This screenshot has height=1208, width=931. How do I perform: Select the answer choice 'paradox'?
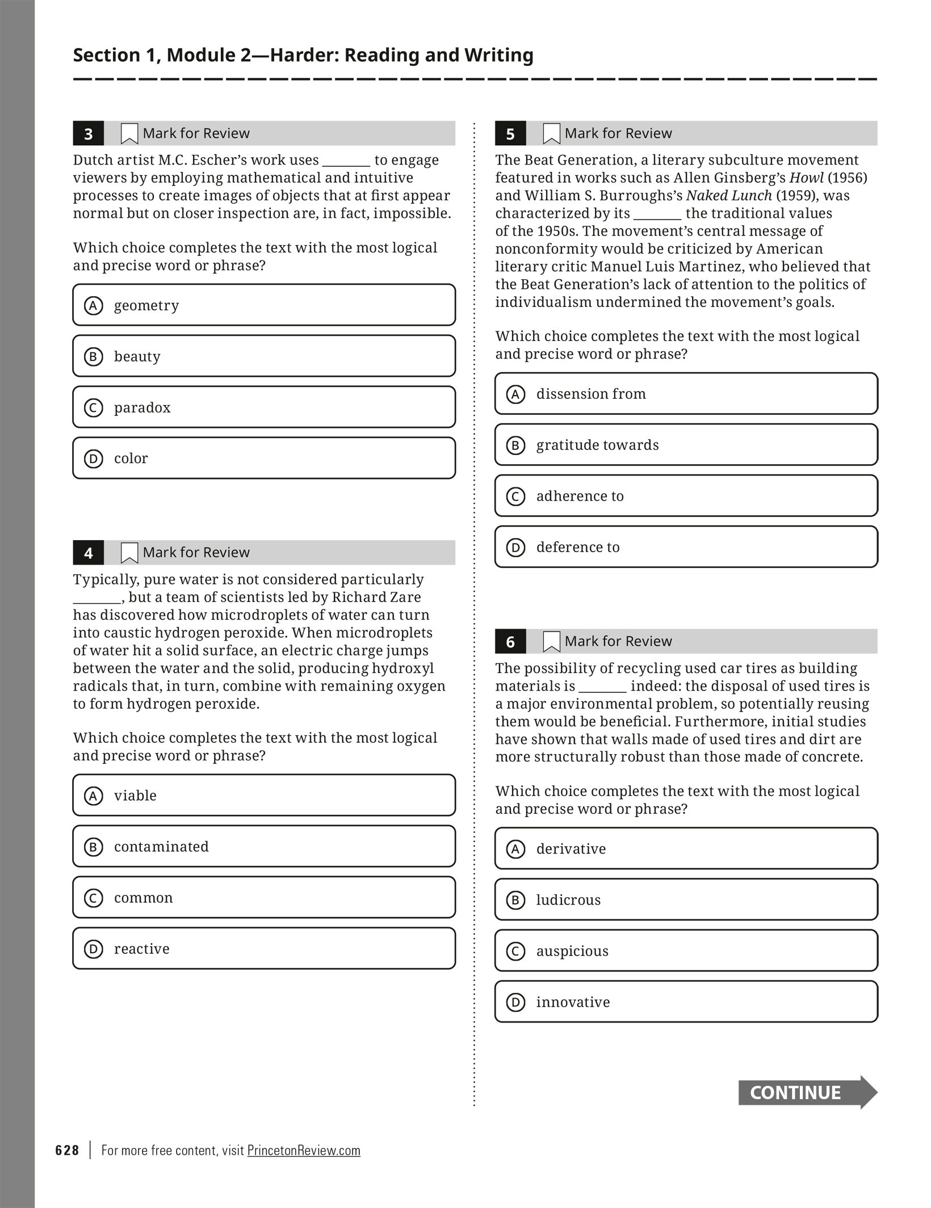coord(264,407)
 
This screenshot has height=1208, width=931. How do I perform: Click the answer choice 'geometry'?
coord(264,305)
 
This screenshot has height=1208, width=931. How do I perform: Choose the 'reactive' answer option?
coord(264,949)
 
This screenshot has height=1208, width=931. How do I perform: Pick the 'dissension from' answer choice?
coord(686,394)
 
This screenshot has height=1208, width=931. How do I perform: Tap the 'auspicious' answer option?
coord(686,951)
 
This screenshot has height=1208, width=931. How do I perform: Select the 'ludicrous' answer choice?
coord(686,900)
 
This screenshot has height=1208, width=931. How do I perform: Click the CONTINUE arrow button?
coord(807,1092)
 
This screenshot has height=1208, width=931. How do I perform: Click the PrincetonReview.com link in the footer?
coord(304,1150)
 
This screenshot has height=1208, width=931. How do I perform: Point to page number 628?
coord(67,1150)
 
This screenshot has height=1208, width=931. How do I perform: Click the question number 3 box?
coord(89,134)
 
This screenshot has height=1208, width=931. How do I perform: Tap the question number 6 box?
coord(510,642)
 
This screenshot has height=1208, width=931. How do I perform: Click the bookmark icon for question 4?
coord(129,553)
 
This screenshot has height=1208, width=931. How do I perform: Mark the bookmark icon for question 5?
coord(551,134)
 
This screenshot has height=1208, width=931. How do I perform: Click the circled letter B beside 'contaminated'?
coord(94,847)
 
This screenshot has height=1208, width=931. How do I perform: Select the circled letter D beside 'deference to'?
coord(515,548)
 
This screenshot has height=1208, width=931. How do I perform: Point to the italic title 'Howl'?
coord(806,178)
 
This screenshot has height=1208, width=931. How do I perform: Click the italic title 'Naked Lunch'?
coord(729,196)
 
